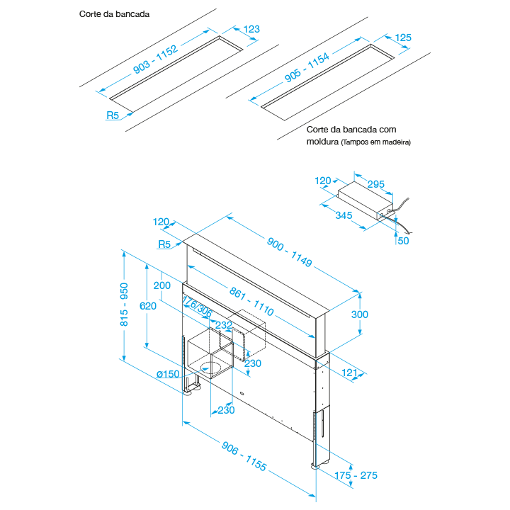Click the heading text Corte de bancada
[114, 13]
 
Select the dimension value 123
[251, 29]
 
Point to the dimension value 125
[402, 37]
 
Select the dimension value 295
[376, 184]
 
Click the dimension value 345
[345, 214]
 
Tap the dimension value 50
[402, 240]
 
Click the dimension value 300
[360, 314]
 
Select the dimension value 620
[147, 305]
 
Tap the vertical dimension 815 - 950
[124, 305]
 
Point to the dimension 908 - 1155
[244, 457]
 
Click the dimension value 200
[162, 285]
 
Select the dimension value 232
[224, 325]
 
